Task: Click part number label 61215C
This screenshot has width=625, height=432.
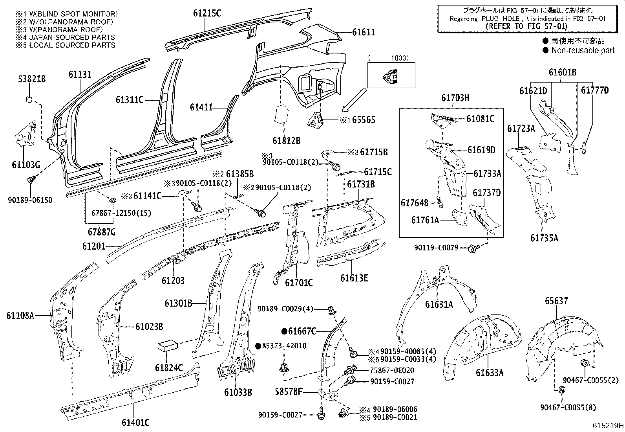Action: (207, 13)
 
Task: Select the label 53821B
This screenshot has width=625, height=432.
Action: (32, 79)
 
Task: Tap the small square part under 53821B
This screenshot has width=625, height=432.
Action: (29, 98)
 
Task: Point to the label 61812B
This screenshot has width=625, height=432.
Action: (286, 140)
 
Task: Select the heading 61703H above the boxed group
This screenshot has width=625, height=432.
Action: (455, 97)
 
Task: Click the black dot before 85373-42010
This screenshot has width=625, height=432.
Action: (258, 346)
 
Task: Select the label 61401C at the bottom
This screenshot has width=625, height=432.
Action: (135, 423)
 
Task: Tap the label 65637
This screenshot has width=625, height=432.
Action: (556, 301)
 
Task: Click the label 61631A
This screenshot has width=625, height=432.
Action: (439, 304)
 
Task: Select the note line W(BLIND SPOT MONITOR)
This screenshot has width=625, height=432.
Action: (67, 14)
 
